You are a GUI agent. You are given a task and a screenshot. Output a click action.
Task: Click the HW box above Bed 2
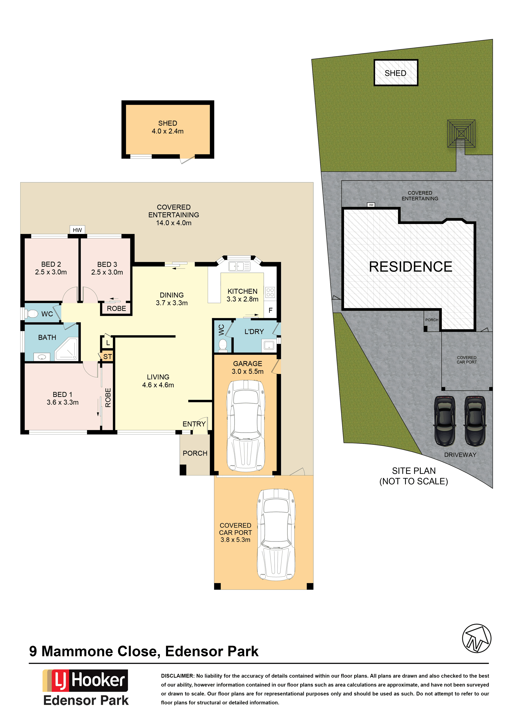tap(77, 230)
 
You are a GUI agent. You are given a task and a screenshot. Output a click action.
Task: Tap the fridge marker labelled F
tap(270, 310)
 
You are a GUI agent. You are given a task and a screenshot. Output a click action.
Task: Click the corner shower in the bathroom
tap(67, 349)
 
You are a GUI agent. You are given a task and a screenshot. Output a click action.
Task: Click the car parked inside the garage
tap(246, 426)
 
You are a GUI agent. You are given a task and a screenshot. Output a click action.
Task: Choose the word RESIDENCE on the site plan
tap(410, 267)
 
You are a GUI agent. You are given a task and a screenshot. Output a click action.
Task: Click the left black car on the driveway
tap(445, 421)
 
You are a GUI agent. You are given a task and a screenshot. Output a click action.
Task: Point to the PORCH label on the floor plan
tap(195, 453)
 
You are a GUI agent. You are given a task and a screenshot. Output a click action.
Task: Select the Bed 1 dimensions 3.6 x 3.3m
tap(63, 402)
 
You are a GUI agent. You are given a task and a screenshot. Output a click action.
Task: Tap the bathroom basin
tap(42, 357)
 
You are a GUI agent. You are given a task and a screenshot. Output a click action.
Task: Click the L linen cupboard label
tap(108, 343)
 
